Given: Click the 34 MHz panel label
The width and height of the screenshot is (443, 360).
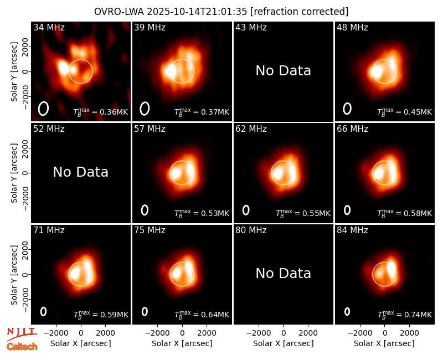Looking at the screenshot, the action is click(49, 27).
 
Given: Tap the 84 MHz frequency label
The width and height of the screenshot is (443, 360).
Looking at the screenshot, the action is click(352, 230).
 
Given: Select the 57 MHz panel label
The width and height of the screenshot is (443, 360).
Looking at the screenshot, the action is click(150, 129).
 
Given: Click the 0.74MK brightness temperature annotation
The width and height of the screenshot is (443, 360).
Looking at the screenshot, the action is click(405, 314).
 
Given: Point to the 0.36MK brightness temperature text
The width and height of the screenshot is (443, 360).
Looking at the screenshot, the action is click(101, 111).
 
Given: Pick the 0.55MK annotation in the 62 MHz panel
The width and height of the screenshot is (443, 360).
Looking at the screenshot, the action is click(303, 213).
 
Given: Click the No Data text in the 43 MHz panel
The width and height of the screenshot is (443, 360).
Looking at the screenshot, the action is click(284, 71).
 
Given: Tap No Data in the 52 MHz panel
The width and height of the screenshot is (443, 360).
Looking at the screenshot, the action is click(80, 172).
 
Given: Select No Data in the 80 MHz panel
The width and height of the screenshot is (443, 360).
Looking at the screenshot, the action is click(284, 273).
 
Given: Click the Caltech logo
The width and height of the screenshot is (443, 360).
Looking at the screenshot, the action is click(22, 347).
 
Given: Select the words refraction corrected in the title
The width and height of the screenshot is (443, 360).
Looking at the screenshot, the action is click(300, 12).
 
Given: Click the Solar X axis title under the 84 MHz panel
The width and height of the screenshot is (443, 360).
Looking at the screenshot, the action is click(384, 343).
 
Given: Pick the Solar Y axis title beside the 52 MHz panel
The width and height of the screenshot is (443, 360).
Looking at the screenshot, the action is click(14, 173).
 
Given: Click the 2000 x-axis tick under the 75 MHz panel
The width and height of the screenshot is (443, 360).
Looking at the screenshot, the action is click(207, 333).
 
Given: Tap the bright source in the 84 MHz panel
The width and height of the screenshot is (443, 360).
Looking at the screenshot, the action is click(392, 269).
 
